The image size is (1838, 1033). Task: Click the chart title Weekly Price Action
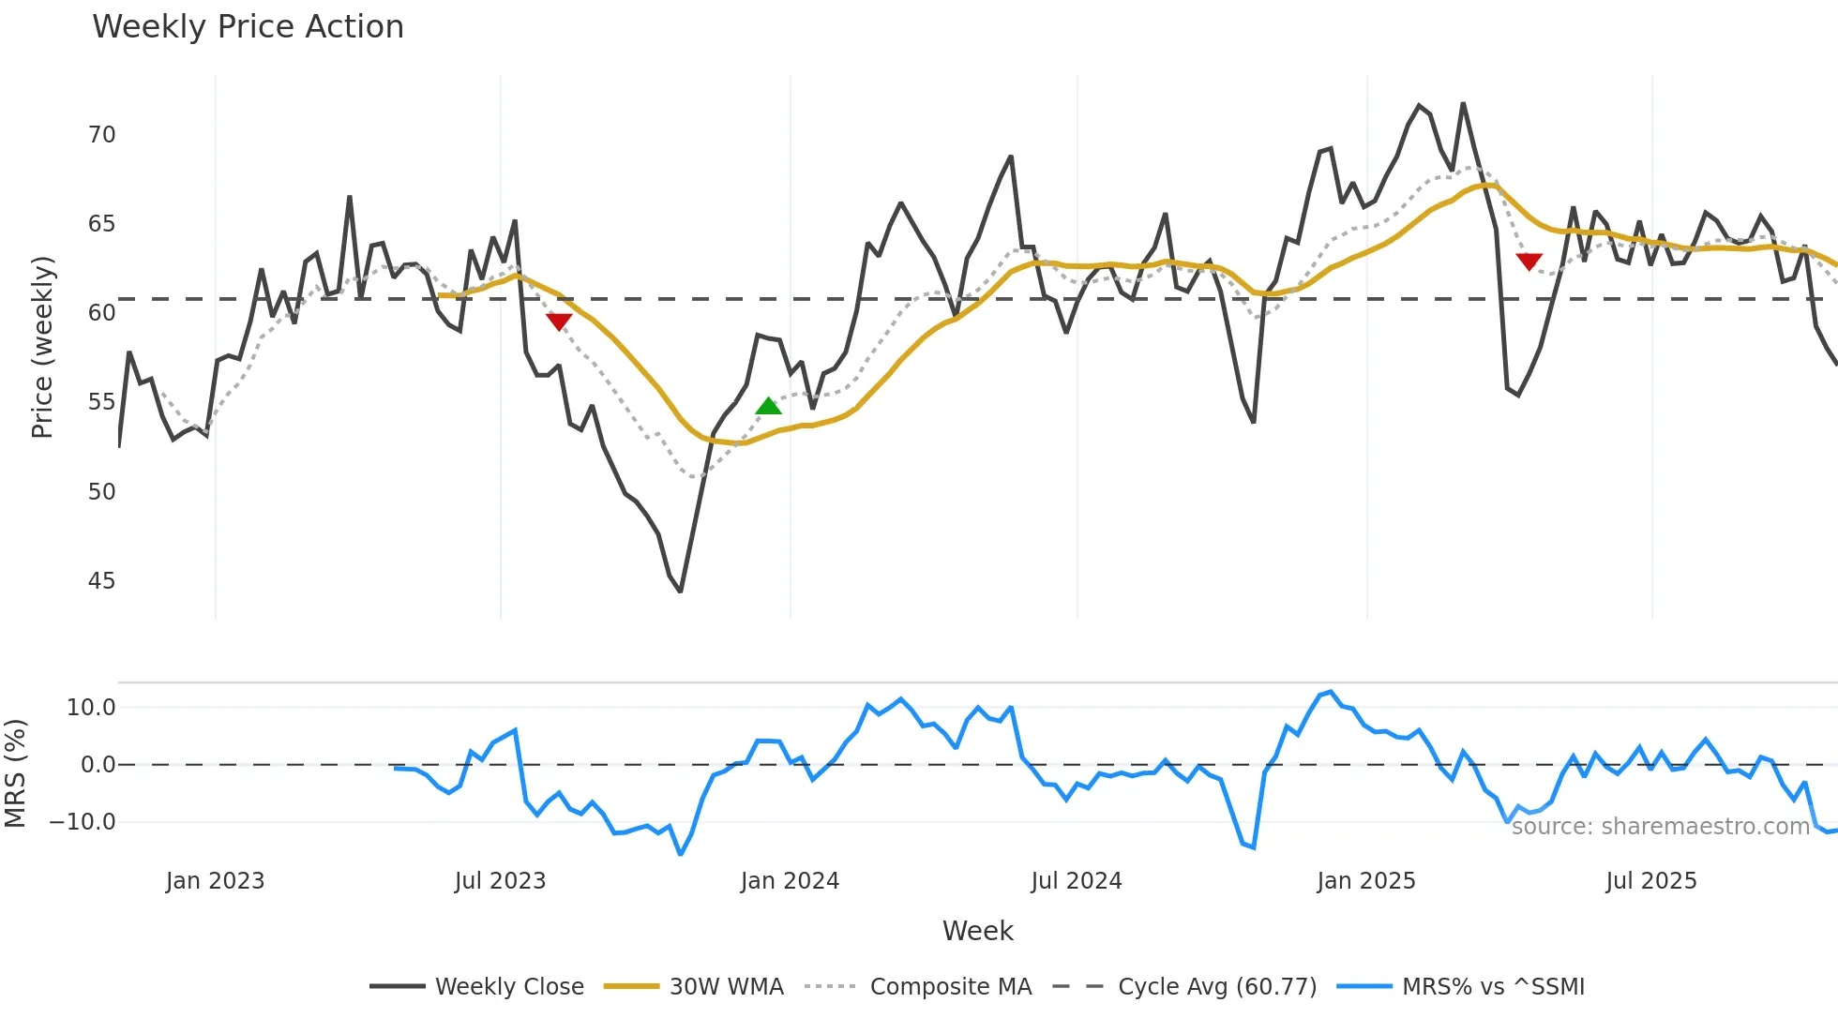click(x=248, y=27)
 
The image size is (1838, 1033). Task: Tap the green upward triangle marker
click(x=768, y=406)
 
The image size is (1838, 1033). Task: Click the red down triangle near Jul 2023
click(x=559, y=322)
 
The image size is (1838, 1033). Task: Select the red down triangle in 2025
click(x=1529, y=262)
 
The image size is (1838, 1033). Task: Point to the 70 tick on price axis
click(x=101, y=135)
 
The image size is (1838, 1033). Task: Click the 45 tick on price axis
click(x=101, y=581)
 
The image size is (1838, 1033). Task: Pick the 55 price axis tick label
click(x=101, y=402)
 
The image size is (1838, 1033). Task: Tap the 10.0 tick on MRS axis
click(x=91, y=708)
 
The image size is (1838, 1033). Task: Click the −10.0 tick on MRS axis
click(x=83, y=822)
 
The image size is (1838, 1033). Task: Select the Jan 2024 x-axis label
click(x=790, y=881)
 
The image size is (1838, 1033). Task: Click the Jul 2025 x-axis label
click(x=1650, y=881)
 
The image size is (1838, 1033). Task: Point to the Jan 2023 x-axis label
click(x=215, y=881)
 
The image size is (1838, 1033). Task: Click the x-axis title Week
click(x=977, y=931)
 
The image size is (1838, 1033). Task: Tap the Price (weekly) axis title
click(x=42, y=347)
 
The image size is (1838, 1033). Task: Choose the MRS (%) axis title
click(x=15, y=773)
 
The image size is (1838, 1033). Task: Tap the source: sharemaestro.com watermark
click(x=1660, y=827)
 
